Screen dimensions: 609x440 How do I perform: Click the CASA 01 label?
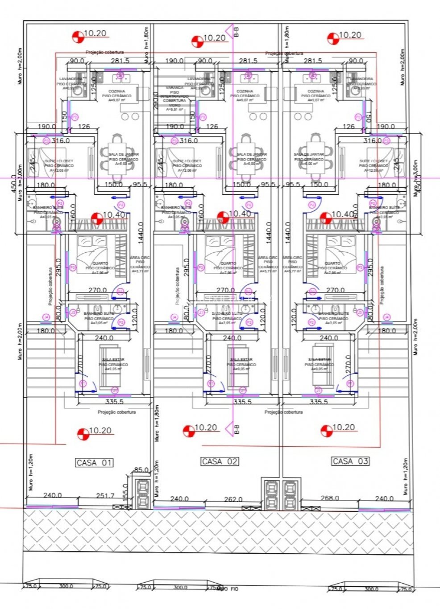(94, 463)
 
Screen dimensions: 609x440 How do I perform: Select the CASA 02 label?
(220, 461)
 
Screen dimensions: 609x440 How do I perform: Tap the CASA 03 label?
(350, 461)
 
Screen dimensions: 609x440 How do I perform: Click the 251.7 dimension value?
(105, 496)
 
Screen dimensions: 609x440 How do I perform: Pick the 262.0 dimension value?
(233, 499)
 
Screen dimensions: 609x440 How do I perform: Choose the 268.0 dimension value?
(330, 498)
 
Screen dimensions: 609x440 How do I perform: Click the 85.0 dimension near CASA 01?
(141, 470)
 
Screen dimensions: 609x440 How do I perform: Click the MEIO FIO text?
(228, 589)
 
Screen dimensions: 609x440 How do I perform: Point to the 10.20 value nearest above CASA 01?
(100, 431)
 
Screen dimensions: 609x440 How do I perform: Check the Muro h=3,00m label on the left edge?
(20, 183)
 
